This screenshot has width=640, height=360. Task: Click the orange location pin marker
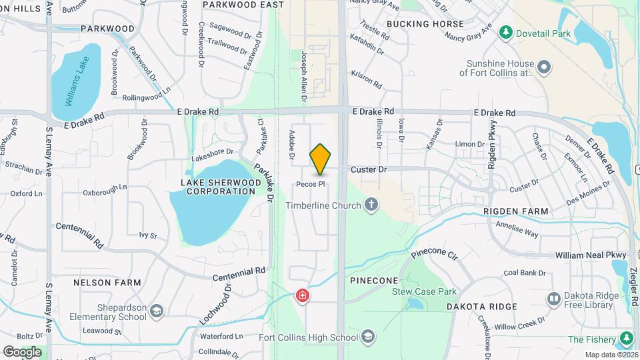click(x=320, y=159)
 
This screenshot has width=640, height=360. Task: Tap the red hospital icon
click(x=303, y=295)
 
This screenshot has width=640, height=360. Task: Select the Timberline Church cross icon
click(x=371, y=205)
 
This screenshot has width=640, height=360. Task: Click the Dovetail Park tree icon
click(x=507, y=33)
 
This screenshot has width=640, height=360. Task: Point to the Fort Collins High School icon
click(x=367, y=337)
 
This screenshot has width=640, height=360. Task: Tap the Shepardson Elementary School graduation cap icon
click(x=156, y=311)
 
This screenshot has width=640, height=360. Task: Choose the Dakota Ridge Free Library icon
click(x=553, y=299)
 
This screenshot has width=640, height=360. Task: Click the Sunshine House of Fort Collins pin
click(x=545, y=67)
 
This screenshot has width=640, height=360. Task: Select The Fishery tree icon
click(x=625, y=339)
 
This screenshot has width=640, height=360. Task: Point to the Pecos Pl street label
click(x=311, y=184)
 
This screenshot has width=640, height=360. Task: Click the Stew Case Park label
click(x=424, y=291)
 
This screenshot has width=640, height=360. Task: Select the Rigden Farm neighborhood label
click(x=517, y=211)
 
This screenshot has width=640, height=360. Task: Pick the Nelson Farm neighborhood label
click(x=107, y=283)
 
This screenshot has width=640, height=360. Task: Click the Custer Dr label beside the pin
click(x=369, y=170)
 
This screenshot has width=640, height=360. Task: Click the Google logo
click(x=22, y=351)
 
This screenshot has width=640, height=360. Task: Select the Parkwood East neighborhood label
click(x=239, y=5)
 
